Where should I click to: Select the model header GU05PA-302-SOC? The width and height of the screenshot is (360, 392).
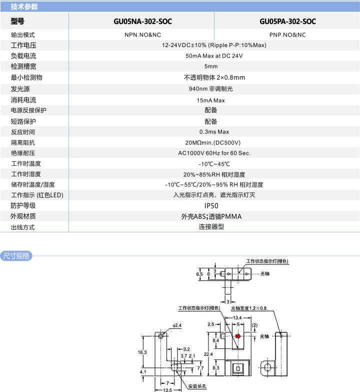287,22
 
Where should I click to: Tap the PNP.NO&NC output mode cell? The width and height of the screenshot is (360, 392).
287,35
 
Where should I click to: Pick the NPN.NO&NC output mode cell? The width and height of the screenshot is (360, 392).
142,35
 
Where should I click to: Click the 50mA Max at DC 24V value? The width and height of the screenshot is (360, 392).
214,56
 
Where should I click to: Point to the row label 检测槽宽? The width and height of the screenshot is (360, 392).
23,67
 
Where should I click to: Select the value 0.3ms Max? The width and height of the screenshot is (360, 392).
214,132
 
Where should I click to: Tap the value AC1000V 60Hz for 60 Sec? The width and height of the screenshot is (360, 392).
214,153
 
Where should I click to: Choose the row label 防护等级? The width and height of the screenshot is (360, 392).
23,206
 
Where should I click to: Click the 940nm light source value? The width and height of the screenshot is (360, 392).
214,89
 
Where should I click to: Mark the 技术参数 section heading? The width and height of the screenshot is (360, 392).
24,7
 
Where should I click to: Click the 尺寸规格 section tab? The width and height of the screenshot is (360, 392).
16,256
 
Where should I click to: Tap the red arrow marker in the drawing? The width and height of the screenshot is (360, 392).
238,336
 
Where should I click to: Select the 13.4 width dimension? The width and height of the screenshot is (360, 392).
237,317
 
